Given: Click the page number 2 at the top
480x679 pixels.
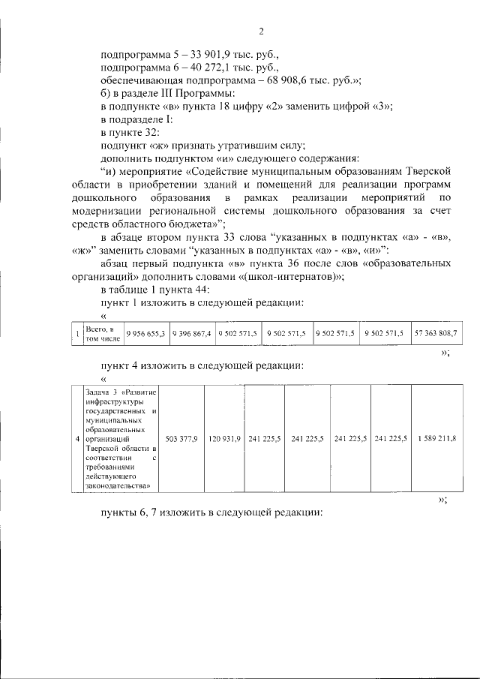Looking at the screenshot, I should [x=261, y=31].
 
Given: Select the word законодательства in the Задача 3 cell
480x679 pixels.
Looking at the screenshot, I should [x=118, y=485].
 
